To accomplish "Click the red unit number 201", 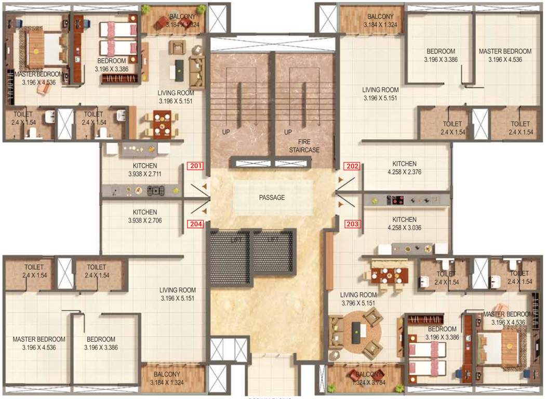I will click(x=195, y=167).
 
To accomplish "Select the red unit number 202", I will click(x=352, y=167).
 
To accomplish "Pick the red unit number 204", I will click(x=195, y=224).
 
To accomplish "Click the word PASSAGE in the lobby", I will click(x=273, y=197).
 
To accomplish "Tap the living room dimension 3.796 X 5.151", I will click(x=358, y=303).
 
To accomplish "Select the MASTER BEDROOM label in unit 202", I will click(x=505, y=51).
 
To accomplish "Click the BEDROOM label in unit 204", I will click(x=101, y=339).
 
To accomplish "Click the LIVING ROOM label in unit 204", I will click(x=178, y=290).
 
